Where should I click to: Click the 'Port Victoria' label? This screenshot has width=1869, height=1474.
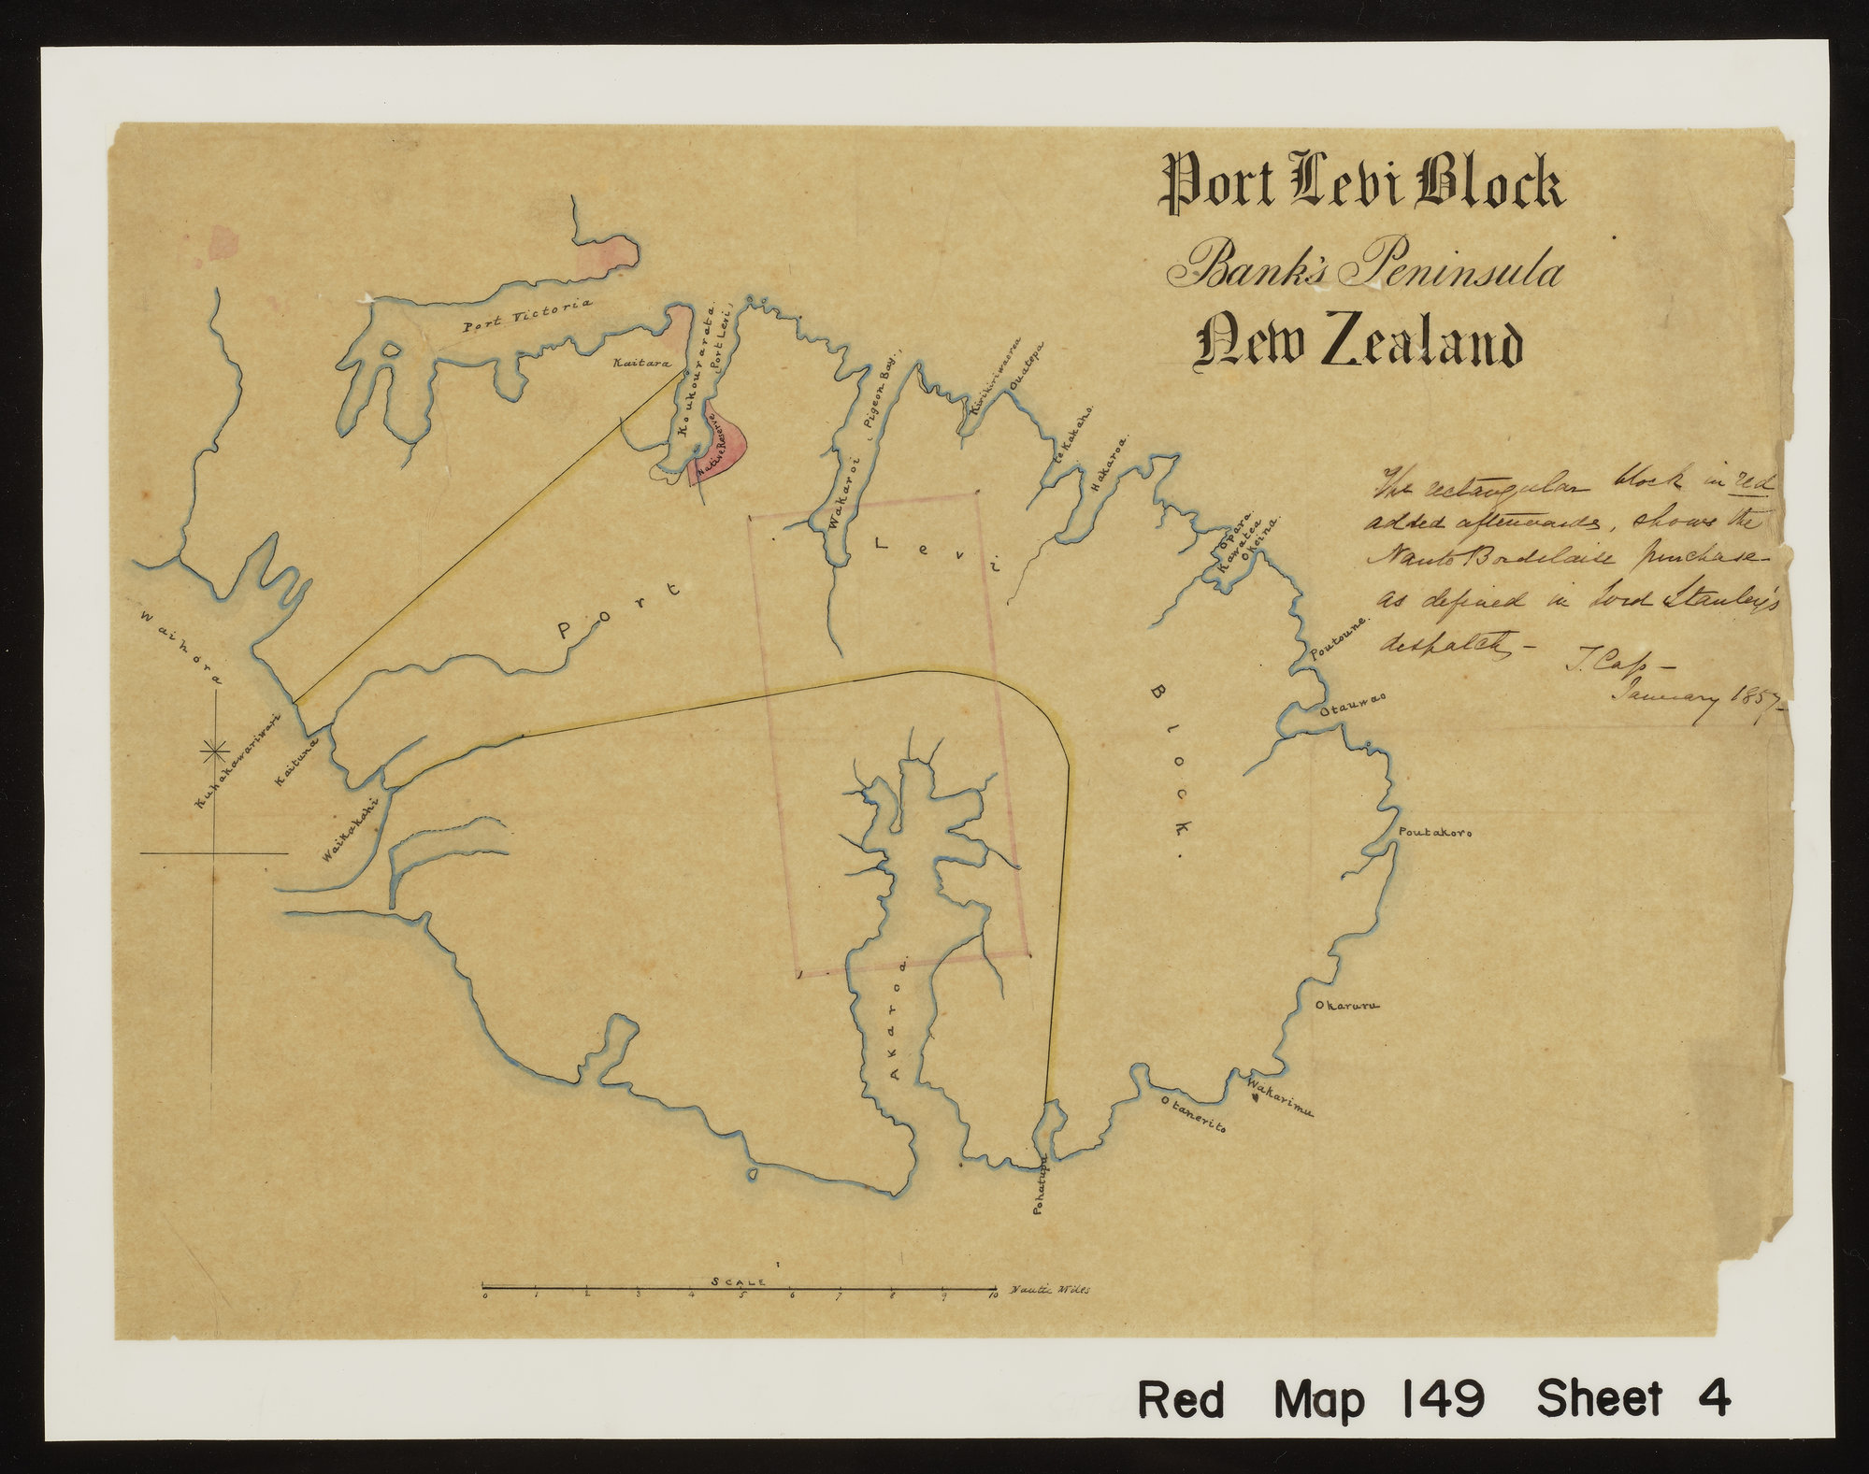pyautogui.click(x=528, y=315)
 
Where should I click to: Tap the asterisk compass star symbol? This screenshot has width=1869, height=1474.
pyautogui.click(x=215, y=749)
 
